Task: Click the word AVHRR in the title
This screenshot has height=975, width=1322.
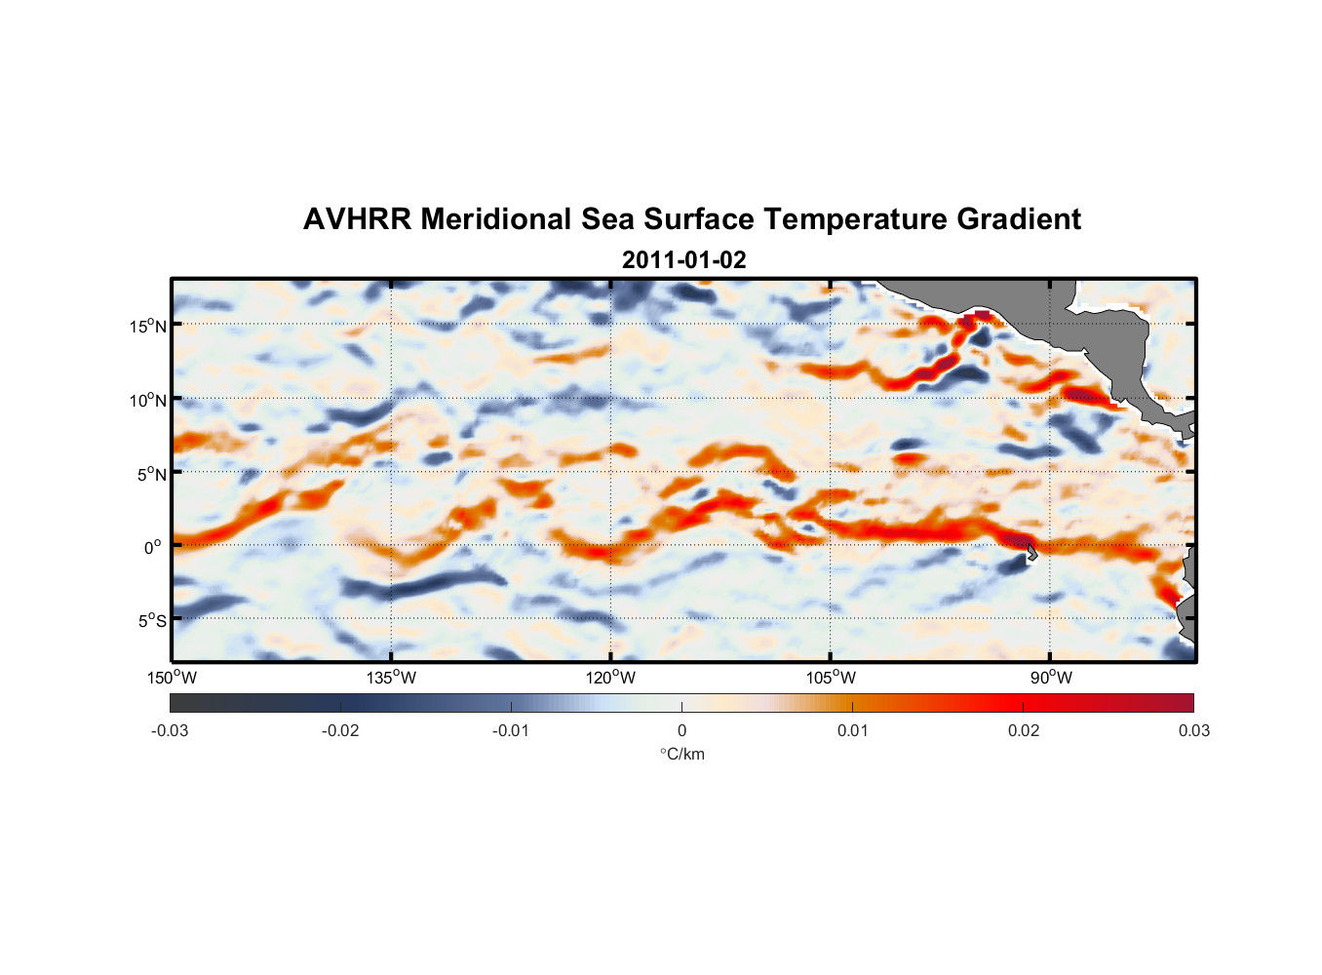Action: point(357,219)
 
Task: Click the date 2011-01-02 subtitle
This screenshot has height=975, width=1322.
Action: point(683,260)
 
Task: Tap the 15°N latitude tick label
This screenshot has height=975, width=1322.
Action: point(148,326)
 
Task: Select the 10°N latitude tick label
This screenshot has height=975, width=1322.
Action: point(148,400)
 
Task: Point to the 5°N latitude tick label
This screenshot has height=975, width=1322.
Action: point(152,474)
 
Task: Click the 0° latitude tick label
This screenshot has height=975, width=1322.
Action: point(153,548)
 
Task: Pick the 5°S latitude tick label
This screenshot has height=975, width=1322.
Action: point(152,621)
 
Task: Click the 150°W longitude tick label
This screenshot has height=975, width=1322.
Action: point(172,678)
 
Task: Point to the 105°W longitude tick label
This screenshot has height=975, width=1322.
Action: point(831,678)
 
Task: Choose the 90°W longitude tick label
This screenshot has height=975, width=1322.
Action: point(1051,678)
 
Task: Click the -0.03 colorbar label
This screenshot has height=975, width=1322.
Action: point(170,731)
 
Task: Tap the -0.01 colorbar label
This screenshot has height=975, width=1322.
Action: point(510,731)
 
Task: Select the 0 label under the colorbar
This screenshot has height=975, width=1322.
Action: point(681,731)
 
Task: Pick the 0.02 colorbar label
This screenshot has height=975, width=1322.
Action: point(1024,731)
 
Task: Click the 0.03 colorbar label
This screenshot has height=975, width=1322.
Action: point(1193,731)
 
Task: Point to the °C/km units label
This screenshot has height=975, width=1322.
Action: point(682,754)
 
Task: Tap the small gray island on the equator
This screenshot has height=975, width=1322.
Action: point(1030,553)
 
